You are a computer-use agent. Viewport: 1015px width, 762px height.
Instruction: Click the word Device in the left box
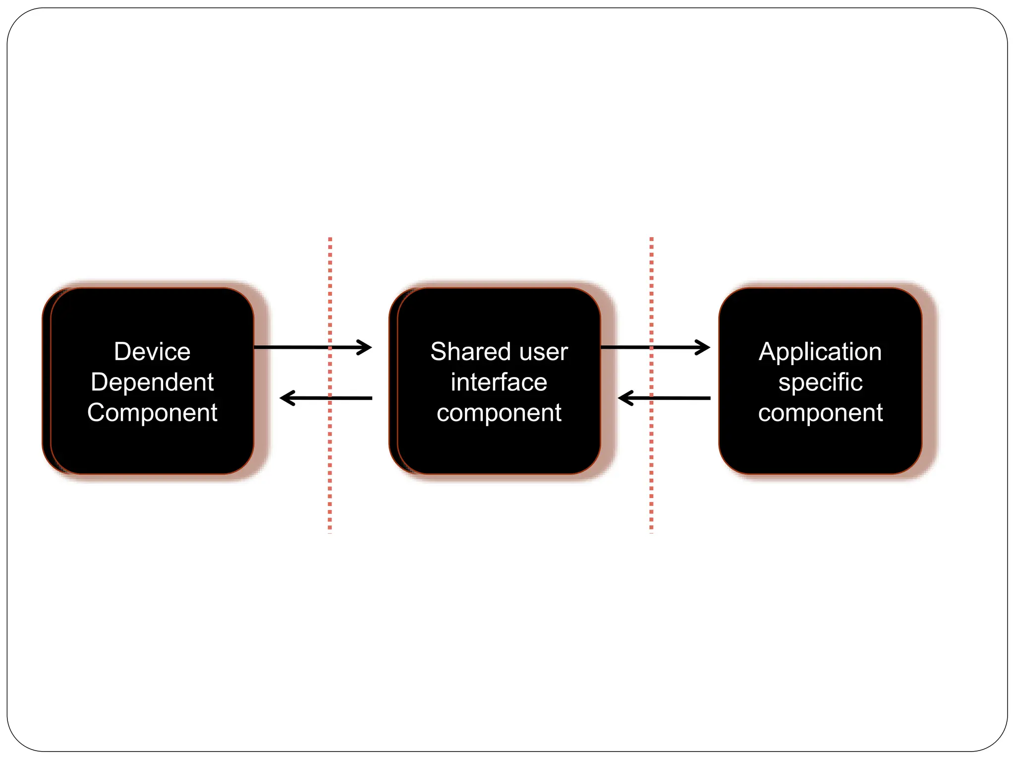(x=152, y=352)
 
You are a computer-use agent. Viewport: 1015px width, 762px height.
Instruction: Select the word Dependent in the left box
(x=152, y=382)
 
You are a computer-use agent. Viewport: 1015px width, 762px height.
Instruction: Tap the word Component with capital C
(x=152, y=412)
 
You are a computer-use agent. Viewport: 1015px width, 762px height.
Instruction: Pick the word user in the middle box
(x=543, y=352)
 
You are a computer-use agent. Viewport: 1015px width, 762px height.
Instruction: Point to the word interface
(x=499, y=382)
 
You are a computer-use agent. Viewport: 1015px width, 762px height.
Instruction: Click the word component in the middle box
(x=499, y=412)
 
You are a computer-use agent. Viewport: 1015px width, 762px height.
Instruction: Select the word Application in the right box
(x=820, y=352)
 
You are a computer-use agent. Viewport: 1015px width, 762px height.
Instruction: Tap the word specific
(x=820, y=382)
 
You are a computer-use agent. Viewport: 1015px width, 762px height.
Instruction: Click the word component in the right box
(x=820, y=412)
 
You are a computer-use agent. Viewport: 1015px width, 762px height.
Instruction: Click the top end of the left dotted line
(x=330, y=239)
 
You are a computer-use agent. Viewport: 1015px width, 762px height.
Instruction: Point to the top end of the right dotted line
(x=651, y=239)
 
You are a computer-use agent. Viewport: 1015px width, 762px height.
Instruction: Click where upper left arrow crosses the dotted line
(x=330, y=347)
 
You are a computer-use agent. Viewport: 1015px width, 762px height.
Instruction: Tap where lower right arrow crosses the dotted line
(x=651, y=398)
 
